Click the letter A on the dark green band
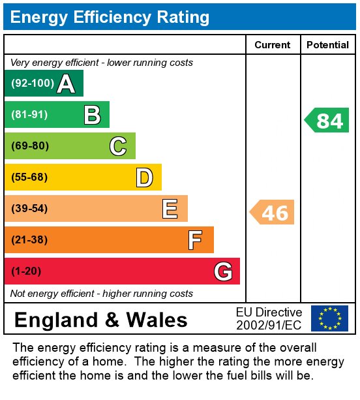coord(65,84)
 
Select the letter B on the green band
coord(92,115)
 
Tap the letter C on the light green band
coord(118,146)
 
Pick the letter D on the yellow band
coord(144,177)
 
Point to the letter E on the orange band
coord(170,209)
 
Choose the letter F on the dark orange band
coord(195,240)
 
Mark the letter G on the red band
coord(223,271)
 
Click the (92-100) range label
coord(31,84)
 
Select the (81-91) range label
coord(30,115)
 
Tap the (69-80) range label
coord(30,146)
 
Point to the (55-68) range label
coord(30,177)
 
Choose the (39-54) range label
coord(30,209)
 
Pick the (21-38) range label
coord(30,240)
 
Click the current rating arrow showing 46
coord(273,213)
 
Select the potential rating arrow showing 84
coord(327,121)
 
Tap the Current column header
coord(273,45)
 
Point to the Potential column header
coord(327,45)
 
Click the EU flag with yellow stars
coord(329,318)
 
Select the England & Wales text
coord(101,320)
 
